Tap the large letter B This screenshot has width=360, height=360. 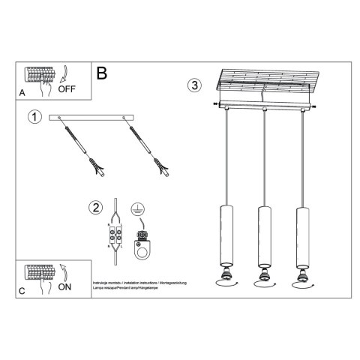tap(103, 73)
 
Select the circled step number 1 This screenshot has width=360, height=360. tap(34, 117)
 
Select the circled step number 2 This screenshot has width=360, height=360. tap(94, 208)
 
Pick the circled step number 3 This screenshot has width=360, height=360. tap(194, 85)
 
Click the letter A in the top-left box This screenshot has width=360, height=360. tap(22, 93)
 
